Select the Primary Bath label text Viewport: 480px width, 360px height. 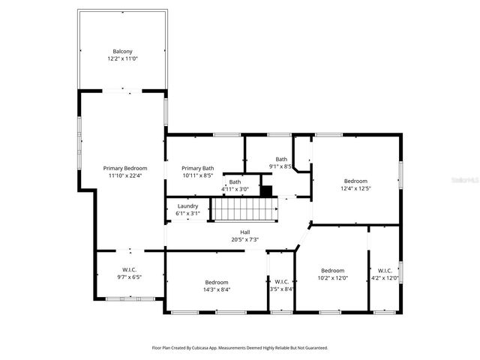pyautogui.click(x=197, y=168)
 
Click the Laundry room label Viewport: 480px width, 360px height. pyautogui.click(x=187, y=206)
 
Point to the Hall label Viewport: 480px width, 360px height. pyautogui.click(x=244, y=232)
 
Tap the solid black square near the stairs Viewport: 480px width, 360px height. pyautogui.click(x=265, y=190)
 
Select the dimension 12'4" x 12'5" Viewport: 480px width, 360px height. pyautogui.click(x=355, y=188)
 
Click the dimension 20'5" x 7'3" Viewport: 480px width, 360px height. pyautogui.click(x=244, y=240)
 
